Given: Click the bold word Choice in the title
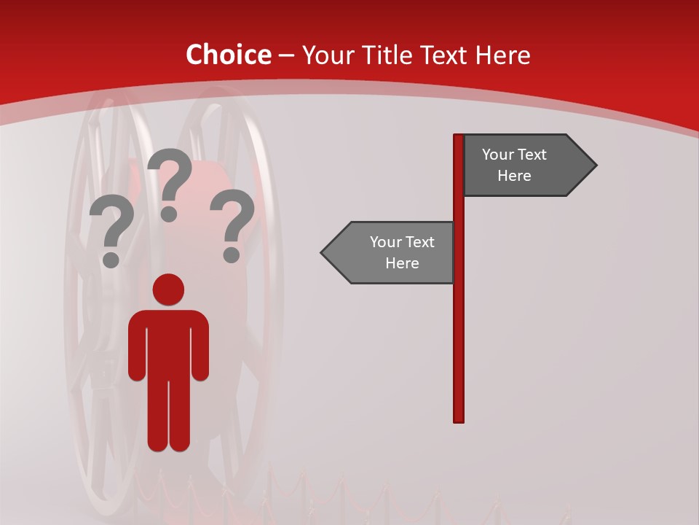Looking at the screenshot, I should pos(228,55).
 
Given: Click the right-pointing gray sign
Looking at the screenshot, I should pos(524,165).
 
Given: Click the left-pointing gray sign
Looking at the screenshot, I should pos(393,252).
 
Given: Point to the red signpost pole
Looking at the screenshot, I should pos(459,328).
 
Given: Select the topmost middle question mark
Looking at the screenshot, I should pos(170,182).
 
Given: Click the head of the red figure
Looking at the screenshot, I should pos(168,289).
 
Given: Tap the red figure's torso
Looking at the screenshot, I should pos(168,343).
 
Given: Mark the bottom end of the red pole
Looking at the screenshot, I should pos(459,419).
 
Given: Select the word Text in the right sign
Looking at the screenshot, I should pos(532,155).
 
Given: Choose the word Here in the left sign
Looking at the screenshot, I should pos(402,263).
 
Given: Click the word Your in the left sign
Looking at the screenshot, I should pos(385,242).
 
